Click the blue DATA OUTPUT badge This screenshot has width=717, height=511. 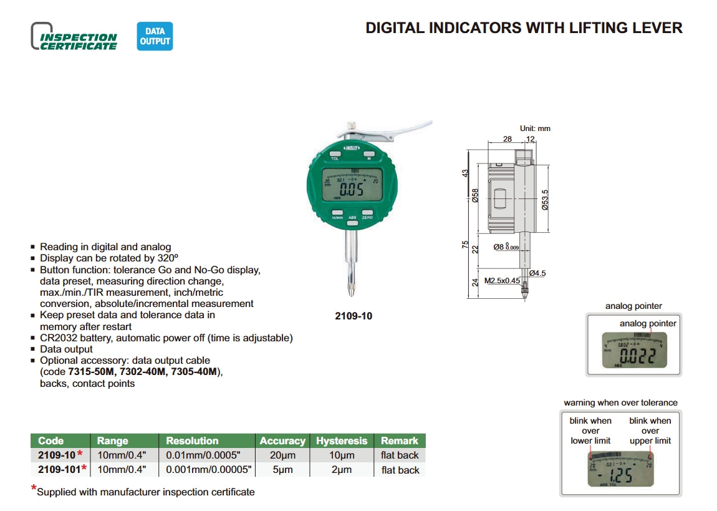155,36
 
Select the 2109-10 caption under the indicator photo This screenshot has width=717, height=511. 354,316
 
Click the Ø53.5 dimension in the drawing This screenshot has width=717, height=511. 544,199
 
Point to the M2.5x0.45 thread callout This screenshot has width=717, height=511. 501,281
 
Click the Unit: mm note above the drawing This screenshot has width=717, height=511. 535,129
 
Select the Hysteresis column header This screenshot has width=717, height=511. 342,440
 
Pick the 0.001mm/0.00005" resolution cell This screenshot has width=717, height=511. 208,470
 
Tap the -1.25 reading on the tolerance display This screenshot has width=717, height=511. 616,476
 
